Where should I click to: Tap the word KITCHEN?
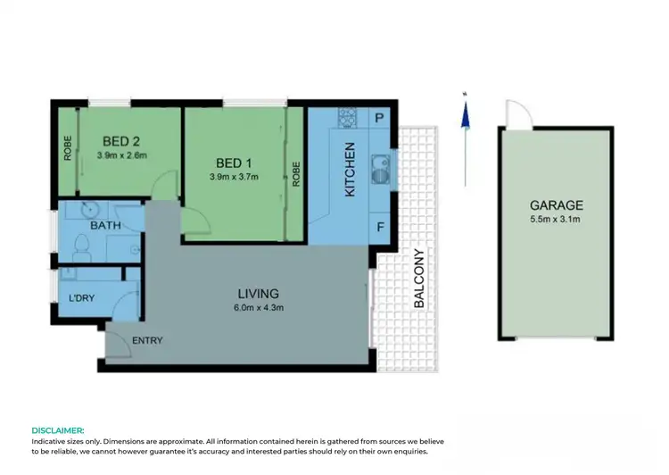pyautogui.click(x=351, y=170)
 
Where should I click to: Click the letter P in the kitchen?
pyautogui.click(x=379, y=118)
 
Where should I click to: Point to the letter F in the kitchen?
pyautogui.click(x=379, y=227)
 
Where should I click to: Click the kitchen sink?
pyautogui.click(x=378, y=168)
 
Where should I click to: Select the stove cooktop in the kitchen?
pyautogui.click(x=347, y=117)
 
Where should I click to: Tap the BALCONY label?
pyautogui.click(x=418, y=279)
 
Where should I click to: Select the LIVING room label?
pyautogui.click(x=258, y=294)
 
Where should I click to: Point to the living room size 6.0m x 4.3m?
pyautogui.click(x=258, y=309)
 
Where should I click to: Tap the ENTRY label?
pyautogui.click(x=147, y=341)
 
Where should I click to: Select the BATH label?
pyautogui.click(x=105, y=226)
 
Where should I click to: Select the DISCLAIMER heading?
pyautogui.click(x=58, y=430)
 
